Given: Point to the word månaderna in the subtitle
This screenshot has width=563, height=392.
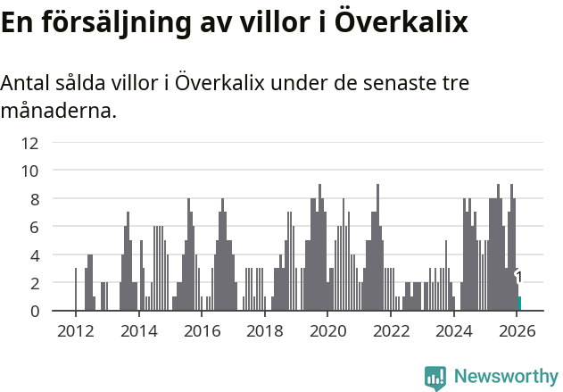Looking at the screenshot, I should click(58, 112).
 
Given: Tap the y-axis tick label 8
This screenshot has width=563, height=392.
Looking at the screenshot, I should click(34, 198).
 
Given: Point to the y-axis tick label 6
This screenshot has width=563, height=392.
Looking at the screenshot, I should click(34, 227).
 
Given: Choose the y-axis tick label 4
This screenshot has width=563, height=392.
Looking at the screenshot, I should click(34, 254).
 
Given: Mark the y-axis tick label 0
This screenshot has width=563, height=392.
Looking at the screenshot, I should click(34, 311).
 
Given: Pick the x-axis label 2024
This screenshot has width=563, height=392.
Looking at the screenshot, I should click(454, 329).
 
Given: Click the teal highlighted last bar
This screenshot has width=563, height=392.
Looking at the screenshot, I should click(519, 304).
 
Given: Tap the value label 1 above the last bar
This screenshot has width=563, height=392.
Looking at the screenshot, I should click(518, 278).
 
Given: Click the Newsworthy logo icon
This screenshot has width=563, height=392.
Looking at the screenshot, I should click(435, 378).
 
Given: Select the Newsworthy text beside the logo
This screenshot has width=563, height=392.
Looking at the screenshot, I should click(505, 377).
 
